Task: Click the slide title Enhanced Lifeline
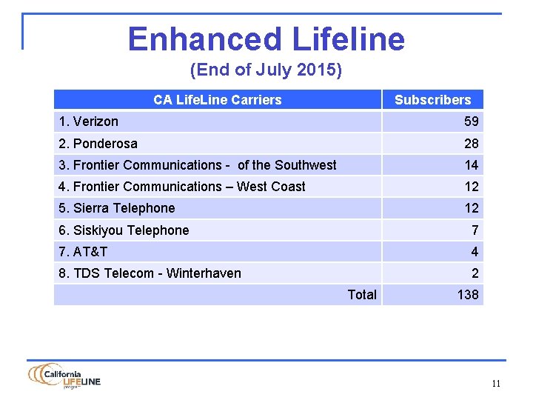point(266,39)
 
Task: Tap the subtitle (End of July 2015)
point(266,70)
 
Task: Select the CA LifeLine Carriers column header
point(217,99)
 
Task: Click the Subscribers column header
point(432,99)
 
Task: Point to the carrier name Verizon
point(88,121)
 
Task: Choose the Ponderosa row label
point(98,143)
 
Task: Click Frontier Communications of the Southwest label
point(197,165)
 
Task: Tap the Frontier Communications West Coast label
point(181,187)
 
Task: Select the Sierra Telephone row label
point(116,208)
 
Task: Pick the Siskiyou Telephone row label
point(123,230)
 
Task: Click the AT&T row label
point(83,252)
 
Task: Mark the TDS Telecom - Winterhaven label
point(150,273)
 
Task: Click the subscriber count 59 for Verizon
point(472,121)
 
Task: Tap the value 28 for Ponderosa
point(472,143)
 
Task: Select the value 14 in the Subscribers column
point(472,165)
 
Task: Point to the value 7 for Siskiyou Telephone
point(475,230)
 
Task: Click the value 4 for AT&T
point(475,252)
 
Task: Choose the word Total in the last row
point(362,295)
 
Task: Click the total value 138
point(468,295)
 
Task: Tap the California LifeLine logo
point(64,376)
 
